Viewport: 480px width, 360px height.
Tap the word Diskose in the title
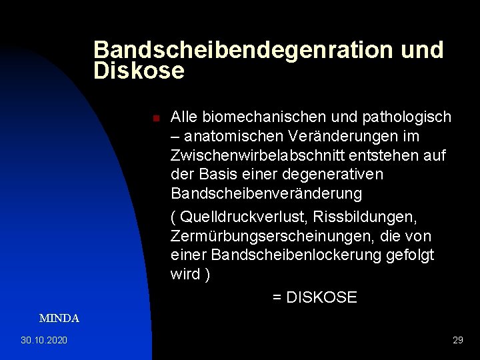[139, 71]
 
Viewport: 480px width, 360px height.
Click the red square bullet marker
[155, 119]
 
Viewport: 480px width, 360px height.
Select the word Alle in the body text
[183, 117]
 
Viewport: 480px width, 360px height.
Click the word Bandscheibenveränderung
[267, 194]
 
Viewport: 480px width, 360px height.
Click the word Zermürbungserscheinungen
[268, 237]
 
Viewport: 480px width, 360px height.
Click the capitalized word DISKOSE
[321, 297]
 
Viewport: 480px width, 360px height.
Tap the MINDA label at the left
[59, 319]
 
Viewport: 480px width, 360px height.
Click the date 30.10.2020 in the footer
[44, 341]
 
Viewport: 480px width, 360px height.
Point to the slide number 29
[457, 341]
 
